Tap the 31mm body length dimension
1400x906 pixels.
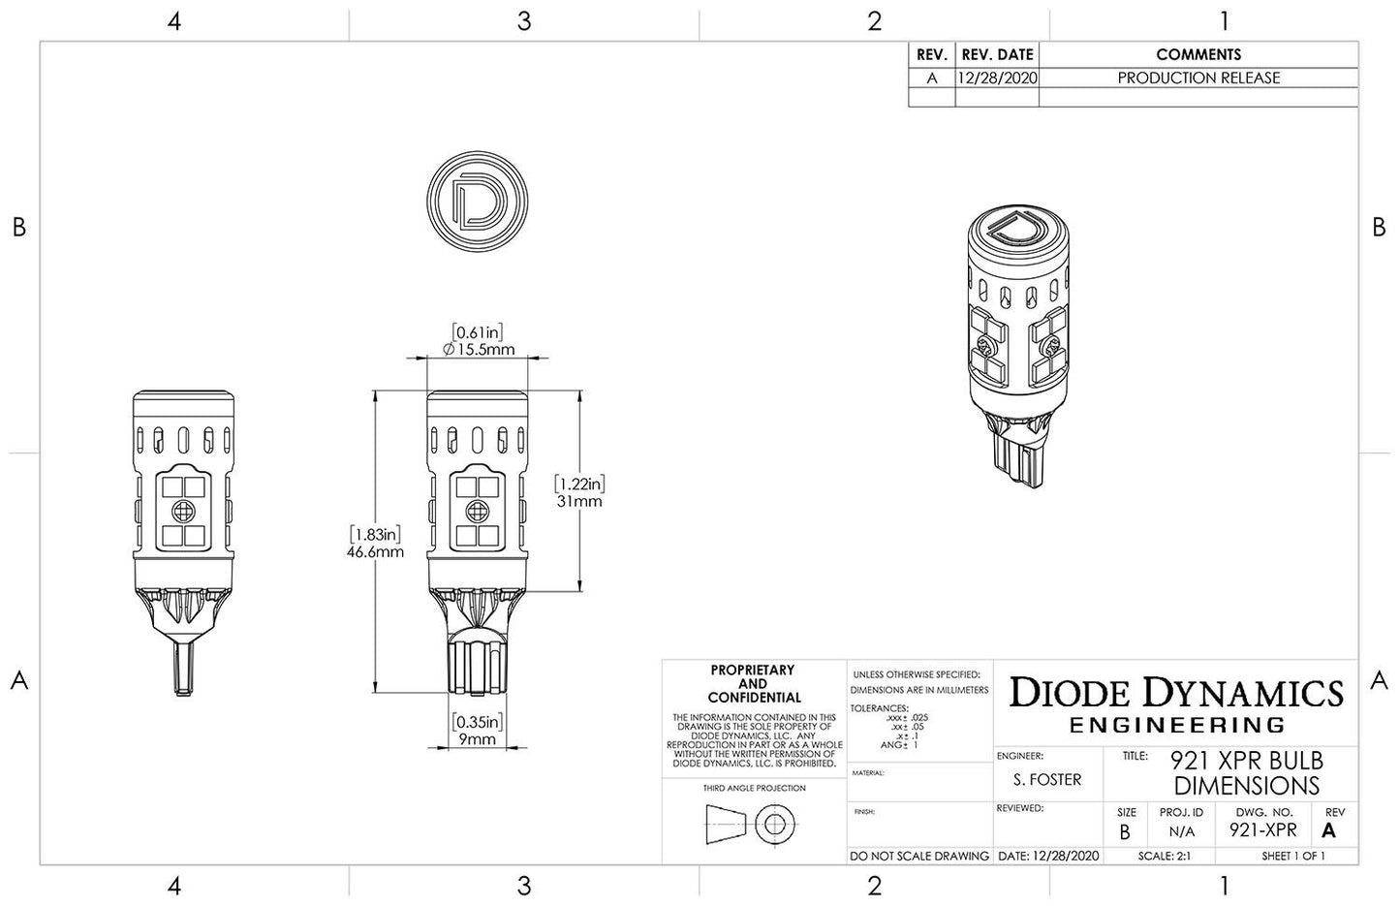[579, 500]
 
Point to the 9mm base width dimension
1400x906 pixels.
[476, 738]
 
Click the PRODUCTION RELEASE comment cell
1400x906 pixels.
[1198, 78]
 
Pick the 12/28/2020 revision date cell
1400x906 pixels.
[997, 78]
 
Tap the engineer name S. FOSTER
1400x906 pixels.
[1047, 779]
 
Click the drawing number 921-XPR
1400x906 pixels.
[1262, 829]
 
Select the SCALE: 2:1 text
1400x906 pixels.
[1157, 856]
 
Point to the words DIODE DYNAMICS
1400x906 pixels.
[1176, 692]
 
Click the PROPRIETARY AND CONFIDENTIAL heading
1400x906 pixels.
[752, 683]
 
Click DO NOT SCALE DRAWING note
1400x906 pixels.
[919, 856]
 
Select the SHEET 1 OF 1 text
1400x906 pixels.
[1292, 856]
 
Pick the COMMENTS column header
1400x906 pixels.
[1198, 54]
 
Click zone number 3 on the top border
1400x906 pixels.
[524, 21]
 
